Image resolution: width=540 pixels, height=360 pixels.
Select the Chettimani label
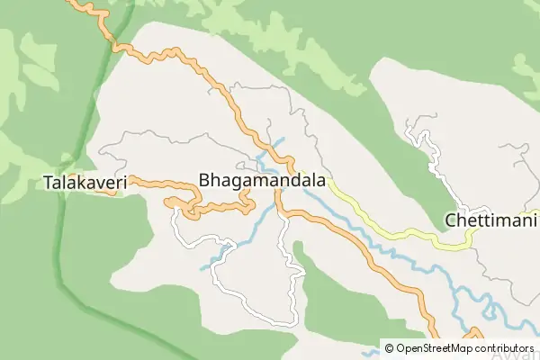(x=490, y=220)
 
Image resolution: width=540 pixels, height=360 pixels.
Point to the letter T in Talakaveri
(x=48, y=183)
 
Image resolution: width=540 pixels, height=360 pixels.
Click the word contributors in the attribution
(x=504, y=347)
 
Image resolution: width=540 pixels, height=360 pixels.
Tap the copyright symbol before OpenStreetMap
(x=389, y=347)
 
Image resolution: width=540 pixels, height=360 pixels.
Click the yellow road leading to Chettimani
(x=396, y=233)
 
